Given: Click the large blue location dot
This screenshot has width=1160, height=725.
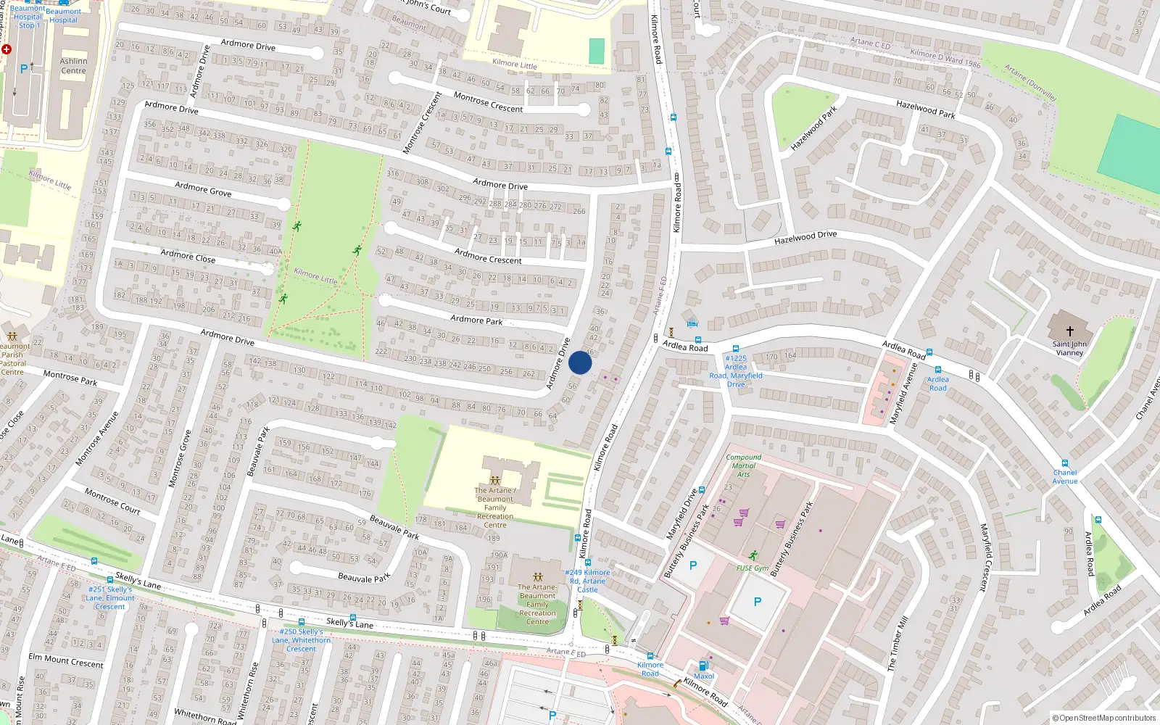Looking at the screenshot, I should [580, 362].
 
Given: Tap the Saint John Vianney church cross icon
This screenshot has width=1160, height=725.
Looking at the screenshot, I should [1069, 331].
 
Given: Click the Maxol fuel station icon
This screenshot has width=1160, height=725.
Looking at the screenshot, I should [703, 666].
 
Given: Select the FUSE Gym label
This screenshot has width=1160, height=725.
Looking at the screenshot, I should [752, 568].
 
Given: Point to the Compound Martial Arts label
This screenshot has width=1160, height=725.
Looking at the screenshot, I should [743, 465].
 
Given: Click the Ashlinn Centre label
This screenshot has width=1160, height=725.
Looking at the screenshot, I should [73, 66].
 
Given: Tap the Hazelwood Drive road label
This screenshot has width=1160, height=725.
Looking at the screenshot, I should [805, 237].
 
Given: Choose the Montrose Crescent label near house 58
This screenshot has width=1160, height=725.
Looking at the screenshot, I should [488, 102].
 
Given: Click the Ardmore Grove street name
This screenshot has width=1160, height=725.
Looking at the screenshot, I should [203, 190].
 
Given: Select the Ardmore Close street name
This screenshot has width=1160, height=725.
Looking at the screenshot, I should [188, 256].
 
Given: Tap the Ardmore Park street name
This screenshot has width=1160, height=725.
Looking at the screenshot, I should [476, 319].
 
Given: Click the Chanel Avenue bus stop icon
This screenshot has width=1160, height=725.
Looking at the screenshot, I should [1064, 463].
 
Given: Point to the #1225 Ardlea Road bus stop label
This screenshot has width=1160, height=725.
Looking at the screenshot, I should [736, 371].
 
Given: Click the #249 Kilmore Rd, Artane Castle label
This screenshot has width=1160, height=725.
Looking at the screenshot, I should [587, 581].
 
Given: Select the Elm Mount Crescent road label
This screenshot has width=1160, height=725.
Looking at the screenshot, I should [66, 660].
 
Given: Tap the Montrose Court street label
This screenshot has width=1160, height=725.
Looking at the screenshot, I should [112, 500].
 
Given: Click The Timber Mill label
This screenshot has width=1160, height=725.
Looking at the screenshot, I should [897, 644].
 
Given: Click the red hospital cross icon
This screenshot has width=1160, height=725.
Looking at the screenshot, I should [7, 49].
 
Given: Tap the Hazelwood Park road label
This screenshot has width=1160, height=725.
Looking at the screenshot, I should [925, 109].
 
